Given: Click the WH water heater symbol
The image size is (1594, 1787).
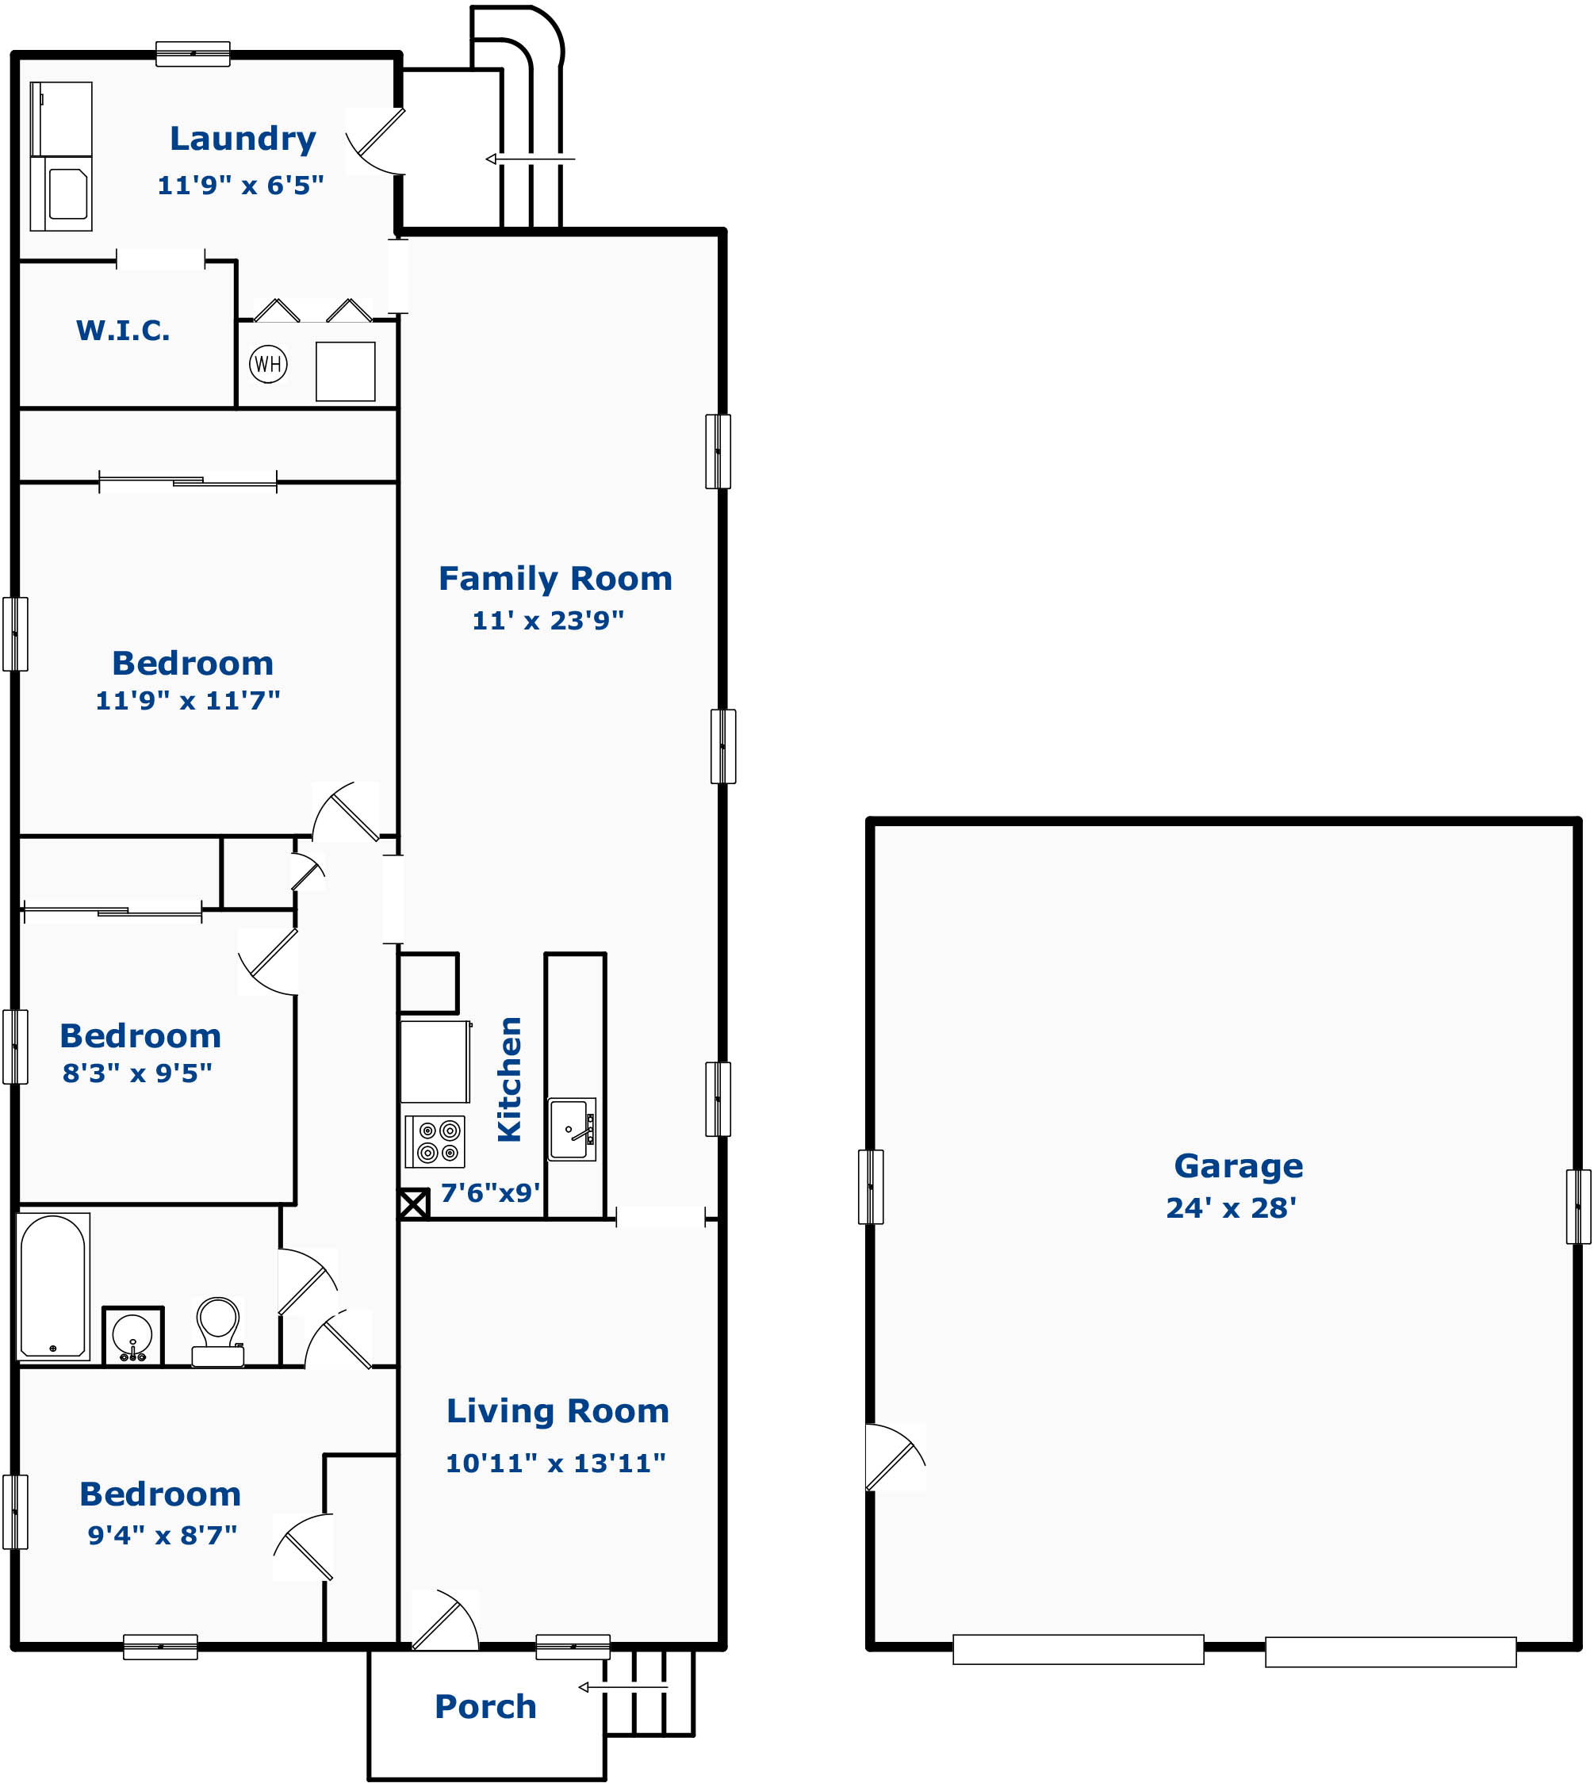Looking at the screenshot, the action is click(x=268, y=363).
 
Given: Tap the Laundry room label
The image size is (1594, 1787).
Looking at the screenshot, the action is click(x=243, y=138).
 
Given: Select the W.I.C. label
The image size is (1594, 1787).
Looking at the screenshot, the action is click(x=124, y=330).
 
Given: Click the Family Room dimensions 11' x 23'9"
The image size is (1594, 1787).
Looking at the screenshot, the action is click(x=548, y=620).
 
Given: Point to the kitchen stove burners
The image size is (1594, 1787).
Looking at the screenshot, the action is click(x=435, y=1142).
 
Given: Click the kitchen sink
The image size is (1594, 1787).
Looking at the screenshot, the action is click(x=572, y=1130).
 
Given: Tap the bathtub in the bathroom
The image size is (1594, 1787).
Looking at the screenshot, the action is click(x=53, y=1286).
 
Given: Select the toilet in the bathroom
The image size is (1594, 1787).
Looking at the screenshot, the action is click(x=218, y=1332).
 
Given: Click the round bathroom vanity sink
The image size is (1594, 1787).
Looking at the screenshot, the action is click(x=133, y=1336).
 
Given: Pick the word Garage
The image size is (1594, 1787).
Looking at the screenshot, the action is click(x=1239, y=1166).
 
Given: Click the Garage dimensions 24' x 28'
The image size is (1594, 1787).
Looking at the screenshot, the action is click(x=1232, y=1208).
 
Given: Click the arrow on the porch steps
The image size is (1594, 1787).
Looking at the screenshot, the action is click(x=623, y=1686).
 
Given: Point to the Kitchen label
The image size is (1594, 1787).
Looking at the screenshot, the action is click(x=509, y=1079).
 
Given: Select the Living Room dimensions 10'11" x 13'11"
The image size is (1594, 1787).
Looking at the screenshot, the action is click(x=556, y=1463).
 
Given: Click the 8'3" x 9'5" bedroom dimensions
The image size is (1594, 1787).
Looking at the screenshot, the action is click(x=137, y=1073).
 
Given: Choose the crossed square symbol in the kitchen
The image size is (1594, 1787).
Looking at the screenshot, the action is click(x=414, y=1203).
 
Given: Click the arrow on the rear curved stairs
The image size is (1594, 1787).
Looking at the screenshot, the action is click(x=530, y=159).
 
